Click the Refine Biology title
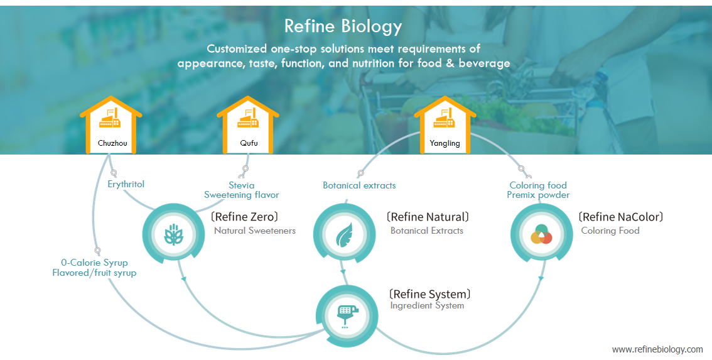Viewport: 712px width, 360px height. pyautogui.click(x=343, y=26)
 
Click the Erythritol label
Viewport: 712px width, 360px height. pyautogui.click(x=126, y=184)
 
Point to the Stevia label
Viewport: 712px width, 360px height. pyautogui.click(x=242, y=185)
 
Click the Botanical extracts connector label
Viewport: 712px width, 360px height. pyautogui.click(x=359, y=185)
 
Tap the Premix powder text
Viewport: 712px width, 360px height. pyautogui.click(x=538, y=195)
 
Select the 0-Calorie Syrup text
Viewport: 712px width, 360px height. pyautogui.click(x=94, y=263)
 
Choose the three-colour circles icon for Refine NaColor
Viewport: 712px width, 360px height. pyautogui.click(x=541, y=234)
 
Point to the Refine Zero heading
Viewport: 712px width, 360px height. pyautogui.click(x=244, y=217)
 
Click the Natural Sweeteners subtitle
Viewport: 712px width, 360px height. pyautogui.click(x=254, y=231)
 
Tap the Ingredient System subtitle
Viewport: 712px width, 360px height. pyautogui.click(x=427, y=306)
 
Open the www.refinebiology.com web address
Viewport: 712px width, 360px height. pyautogui.click(x=657, y=349)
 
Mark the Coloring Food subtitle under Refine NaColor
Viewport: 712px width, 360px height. pyautogui.click(x=610, y=231)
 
